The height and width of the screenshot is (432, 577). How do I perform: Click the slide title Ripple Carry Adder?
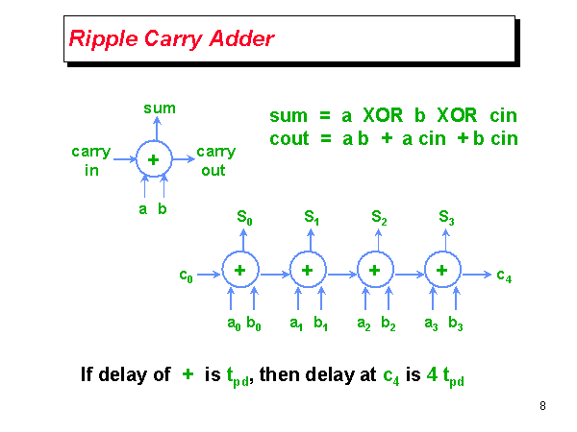click(171, 39)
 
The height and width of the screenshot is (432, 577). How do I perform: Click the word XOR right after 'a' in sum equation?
click(389, 116)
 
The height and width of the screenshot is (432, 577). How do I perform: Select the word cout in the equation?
click(289, 138)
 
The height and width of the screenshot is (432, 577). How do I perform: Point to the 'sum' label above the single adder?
click(159, 108)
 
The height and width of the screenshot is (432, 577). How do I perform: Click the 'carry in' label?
click(91, 160)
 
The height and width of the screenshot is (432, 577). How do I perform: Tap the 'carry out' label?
click(215, 160)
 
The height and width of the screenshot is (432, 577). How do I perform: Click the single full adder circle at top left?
click(153, 160)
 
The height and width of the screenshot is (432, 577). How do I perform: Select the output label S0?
click(245, 219)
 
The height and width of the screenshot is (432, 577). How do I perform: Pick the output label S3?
click(447, 219)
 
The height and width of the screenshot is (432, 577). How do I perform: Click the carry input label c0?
click(187, 276)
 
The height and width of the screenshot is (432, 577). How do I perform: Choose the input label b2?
click(388, 324)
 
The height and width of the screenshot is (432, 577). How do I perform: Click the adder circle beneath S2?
click(374, 272)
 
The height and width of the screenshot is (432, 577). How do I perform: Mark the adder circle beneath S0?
click(239, 272)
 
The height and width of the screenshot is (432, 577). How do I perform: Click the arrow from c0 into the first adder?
click(209, 273)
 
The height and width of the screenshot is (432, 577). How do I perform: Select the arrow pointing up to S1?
click(307, 240)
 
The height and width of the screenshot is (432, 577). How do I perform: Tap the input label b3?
click(455, 324)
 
